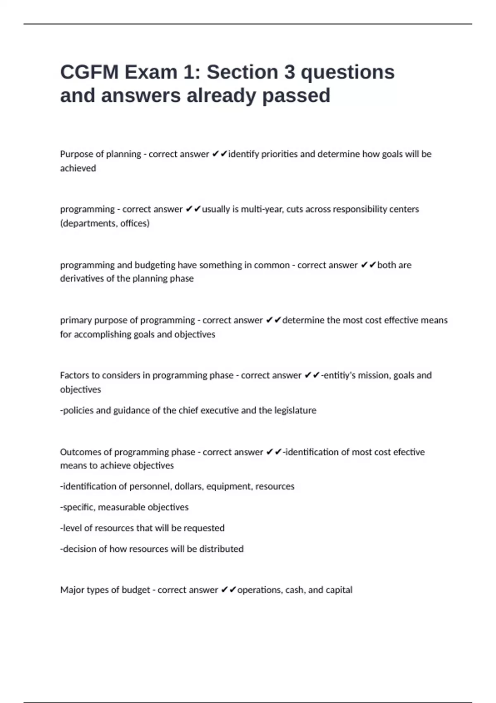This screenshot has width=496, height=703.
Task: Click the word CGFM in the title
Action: (x=89, y=72)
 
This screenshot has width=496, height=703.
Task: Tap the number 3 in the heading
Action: (x=289, y=72)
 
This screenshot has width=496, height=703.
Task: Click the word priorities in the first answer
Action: (x=279, y=154)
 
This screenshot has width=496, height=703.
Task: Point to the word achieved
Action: (x=78, y=168)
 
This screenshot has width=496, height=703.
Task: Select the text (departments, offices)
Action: (x=105, y=223)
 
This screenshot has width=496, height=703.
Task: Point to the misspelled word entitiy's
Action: (x=339, y=375)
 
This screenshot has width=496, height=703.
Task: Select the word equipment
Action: (x=229, y=487)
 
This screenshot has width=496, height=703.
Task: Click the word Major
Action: (x=72, y=590)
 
